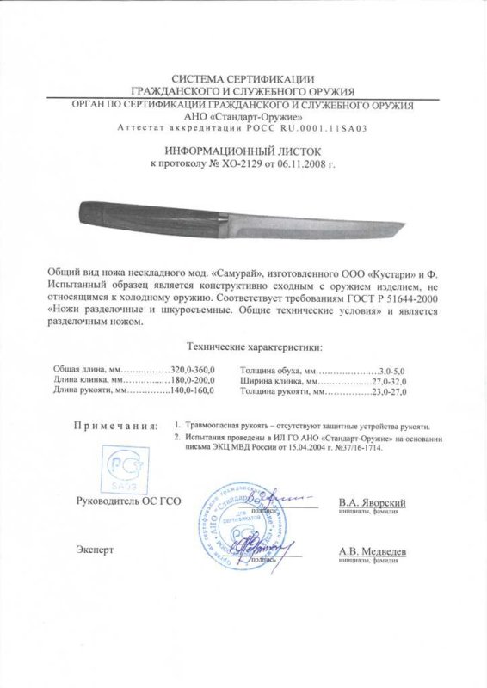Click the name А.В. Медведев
[x=372, y=552]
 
